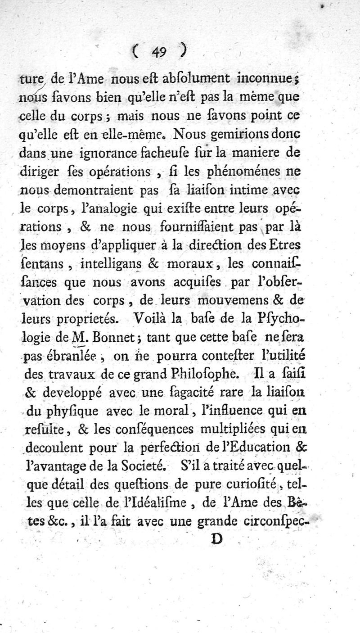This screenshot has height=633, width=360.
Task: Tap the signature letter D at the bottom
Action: tap(218, 539)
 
